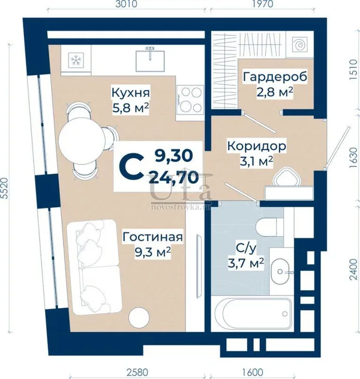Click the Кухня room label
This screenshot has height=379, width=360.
pos(131,93)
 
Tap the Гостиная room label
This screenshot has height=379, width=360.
pos(152,237)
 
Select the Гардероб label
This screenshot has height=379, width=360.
pos(275,77)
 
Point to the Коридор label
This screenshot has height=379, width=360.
pos(257,147)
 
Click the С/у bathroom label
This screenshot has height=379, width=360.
pos(245,248)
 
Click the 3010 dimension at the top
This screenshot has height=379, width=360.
pos(126,4)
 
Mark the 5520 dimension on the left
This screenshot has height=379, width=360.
pos(4,188)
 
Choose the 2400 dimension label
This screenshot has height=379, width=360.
pos(353,270)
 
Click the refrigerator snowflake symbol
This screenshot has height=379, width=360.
pos(76,59)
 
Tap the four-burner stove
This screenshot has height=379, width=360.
pos(190,100)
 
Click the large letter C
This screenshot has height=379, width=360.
pos(130,167)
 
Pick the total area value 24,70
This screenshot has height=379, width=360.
pos(173,177)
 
